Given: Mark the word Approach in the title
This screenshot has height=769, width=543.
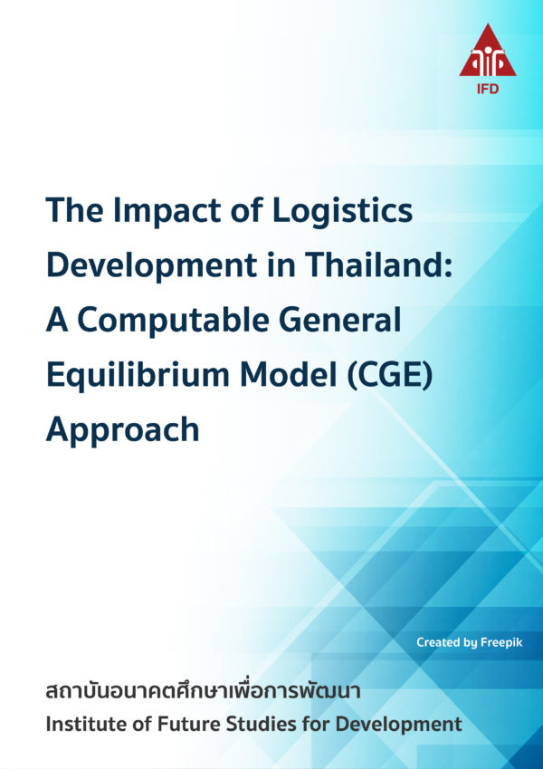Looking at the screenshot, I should click(122, 428).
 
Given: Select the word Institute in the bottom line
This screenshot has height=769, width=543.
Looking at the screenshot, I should click(82, 725).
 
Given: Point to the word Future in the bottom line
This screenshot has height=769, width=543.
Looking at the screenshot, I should click(178, 725).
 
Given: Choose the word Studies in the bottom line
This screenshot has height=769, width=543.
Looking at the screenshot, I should click(251, 725).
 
